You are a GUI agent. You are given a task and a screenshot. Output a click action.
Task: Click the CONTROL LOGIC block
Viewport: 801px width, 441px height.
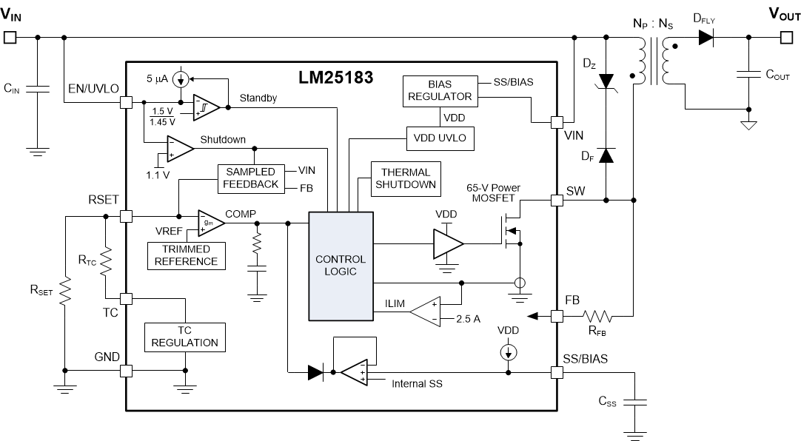coord(341,266)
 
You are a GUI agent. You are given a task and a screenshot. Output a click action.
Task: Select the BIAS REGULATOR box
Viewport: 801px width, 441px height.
coord(438,90)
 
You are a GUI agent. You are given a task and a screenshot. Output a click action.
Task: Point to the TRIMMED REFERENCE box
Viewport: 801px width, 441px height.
coord(187,255)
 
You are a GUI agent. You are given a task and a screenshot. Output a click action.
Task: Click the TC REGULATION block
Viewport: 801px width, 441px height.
coord(184,337)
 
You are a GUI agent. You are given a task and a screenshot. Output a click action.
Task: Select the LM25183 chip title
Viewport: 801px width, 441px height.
coord(337,77)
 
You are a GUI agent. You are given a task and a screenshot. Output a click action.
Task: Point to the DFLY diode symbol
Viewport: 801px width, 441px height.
coord(706,38)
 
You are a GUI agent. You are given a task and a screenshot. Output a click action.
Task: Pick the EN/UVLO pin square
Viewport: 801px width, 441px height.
coord(126,104)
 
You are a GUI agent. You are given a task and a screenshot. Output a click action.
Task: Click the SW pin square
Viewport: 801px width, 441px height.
coord(557,200)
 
